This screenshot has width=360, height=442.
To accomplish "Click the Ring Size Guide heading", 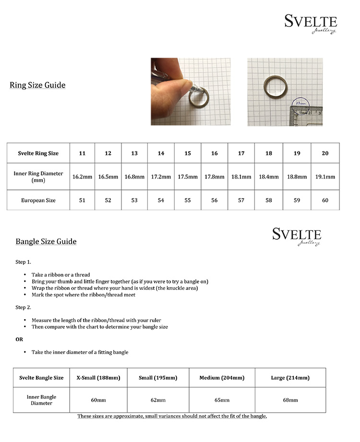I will coord(37,85).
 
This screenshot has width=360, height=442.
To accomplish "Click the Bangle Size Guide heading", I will coord(46,241).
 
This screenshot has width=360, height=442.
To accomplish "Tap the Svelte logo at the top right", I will coord(311,24).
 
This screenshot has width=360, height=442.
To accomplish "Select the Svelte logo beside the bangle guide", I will coord(297,236).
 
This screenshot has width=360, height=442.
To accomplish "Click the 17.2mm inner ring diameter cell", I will coord(161,177).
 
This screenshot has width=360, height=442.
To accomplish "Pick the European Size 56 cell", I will coord(214,200).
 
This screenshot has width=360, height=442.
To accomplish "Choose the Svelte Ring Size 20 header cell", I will coord(325,153).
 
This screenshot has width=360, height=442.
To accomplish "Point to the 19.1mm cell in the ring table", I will coord(325,177).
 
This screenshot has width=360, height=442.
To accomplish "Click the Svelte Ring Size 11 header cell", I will coord(82,153).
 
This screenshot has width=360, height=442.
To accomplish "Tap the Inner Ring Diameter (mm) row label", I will coord(38,177).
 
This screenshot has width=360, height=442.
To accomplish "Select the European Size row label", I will coord(38,200).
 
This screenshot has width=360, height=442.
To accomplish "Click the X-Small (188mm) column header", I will coord(98,378).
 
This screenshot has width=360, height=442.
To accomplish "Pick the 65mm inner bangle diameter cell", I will coord(222,400).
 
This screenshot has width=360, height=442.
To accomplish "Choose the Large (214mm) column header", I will coord(290,378).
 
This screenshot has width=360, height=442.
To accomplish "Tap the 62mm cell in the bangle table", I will coord(158,400).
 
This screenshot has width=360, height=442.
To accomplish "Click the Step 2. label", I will coord(23,307).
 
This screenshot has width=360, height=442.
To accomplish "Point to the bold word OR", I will coord(19,339).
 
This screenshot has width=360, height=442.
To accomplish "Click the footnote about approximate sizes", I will coord(172,416).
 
